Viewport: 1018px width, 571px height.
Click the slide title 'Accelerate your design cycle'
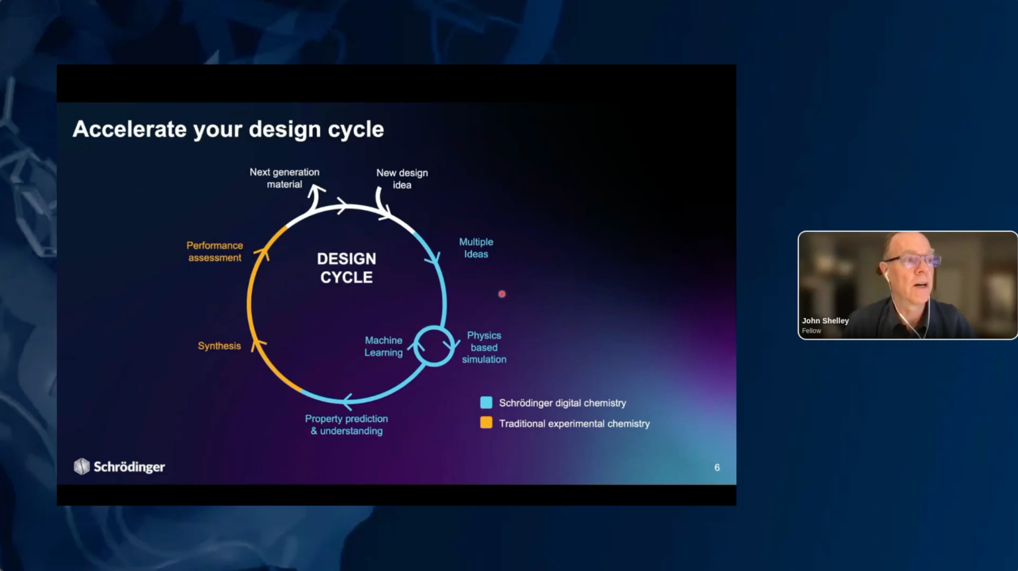tap(228, 129)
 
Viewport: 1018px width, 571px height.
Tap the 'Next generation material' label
tap(284, 178)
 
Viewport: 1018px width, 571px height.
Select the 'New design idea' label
tap(402, 179)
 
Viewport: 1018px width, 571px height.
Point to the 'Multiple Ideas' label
tap(476, 248)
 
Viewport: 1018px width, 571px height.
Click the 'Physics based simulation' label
tap(484, 348)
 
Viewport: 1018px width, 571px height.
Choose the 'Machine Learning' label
tap(384, 346)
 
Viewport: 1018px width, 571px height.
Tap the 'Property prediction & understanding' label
tap(347, 425)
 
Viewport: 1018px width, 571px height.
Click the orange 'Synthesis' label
tap(219, 346)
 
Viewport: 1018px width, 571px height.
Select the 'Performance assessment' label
tap(215, 252)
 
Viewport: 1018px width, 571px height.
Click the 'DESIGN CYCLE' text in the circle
tap(347, 268)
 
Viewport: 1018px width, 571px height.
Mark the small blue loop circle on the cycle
tap(433, 327)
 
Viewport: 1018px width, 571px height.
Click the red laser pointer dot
tap(502, 294)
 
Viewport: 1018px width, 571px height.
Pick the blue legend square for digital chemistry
tap(486, 403)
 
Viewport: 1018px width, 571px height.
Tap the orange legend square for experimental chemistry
tap(486, 423)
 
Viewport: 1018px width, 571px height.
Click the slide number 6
tap(717, 468)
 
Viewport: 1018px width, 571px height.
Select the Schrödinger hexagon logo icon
tap(82, 466)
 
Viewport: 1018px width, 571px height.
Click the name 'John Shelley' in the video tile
tap(825, 321)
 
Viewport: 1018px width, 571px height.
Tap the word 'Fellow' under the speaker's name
tap(811, 331)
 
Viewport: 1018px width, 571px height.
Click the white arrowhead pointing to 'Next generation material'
tap(316, 190)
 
